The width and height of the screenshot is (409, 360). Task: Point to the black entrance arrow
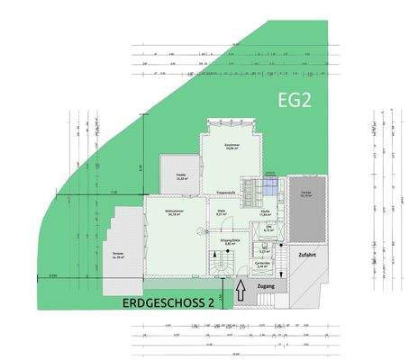[x=241, y=291]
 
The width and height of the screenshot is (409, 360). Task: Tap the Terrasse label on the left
[x=117, y=255]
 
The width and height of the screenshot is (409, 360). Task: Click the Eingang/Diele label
[x=230, y=242]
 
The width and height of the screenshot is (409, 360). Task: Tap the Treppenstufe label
[x=225, y=192]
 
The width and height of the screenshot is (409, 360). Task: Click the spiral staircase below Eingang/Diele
[x=220, y=267]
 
